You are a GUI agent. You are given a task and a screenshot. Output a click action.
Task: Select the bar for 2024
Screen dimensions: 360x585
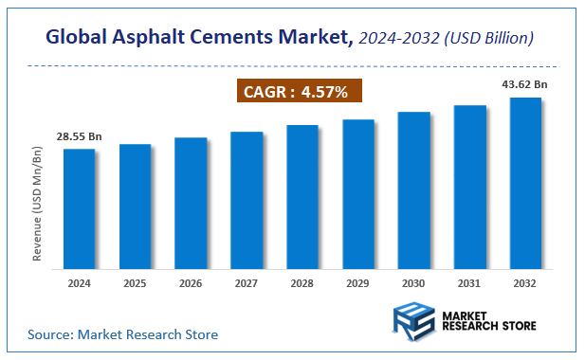coord(79,208)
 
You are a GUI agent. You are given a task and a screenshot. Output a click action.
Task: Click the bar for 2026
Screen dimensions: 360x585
coord(191,203)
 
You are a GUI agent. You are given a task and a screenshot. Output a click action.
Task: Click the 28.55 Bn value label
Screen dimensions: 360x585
coord(79,137)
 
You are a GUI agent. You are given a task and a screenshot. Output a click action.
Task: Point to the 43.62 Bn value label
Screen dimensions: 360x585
coord(524,85)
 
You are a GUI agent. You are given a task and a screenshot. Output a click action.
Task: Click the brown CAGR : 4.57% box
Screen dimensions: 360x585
coord(298,92)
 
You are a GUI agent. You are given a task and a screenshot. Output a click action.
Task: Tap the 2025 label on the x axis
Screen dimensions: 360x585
coord(135,283)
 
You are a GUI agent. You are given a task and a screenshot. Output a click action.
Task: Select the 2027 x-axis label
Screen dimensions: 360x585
coord(247,283)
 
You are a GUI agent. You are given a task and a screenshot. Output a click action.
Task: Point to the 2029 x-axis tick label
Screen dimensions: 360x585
coord(358,283)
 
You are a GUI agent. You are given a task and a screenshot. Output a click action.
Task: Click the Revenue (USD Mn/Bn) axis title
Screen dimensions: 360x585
coord(38,204)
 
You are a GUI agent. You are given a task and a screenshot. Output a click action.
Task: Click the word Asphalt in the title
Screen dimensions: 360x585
coord(159,38)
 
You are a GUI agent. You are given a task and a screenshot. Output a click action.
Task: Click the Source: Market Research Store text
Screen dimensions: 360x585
coord(122,334)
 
